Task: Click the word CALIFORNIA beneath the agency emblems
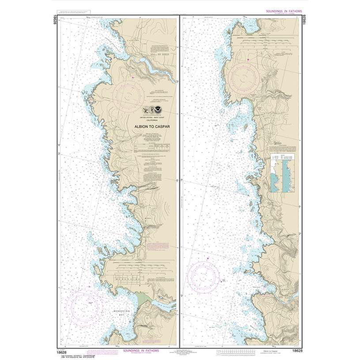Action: coord(151,120)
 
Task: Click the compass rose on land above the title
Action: coord(128,94)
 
